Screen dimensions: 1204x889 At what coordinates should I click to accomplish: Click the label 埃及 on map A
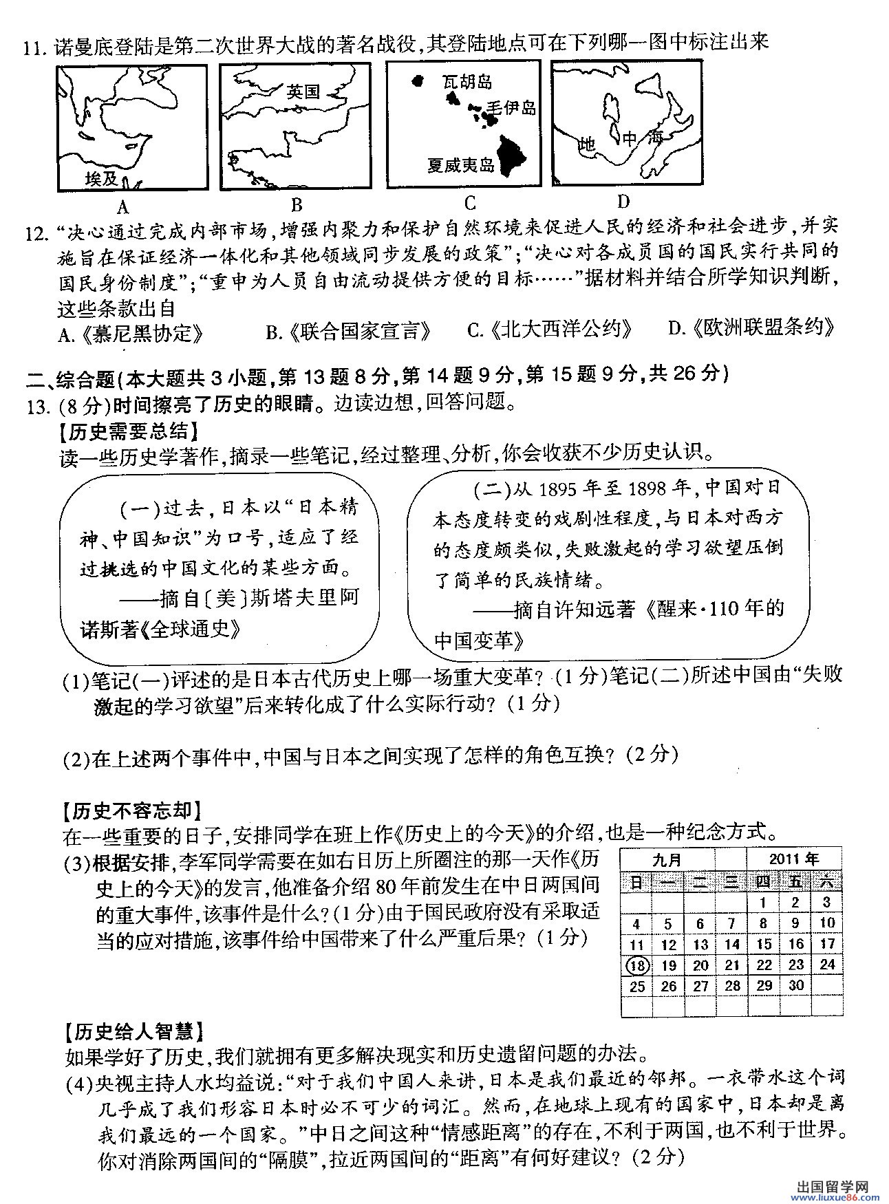coord(102,179)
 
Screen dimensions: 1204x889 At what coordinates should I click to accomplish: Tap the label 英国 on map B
coord(303,92)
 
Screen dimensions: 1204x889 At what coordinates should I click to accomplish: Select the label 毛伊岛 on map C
coord(511,107)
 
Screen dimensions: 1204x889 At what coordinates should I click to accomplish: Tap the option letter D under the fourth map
coord(623,201)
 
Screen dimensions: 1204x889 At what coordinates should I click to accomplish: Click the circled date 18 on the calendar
coord(638,965)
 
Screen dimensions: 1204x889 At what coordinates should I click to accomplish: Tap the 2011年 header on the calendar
coord(794,858)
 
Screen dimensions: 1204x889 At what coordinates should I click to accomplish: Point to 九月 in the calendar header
coord(666,859)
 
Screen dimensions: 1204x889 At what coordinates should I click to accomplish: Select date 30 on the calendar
coord(795,985)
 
